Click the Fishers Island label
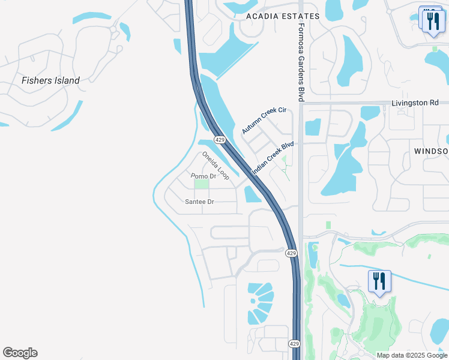(x=50, y=80)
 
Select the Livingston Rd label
(x=415, y=103)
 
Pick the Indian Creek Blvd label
(x=273, y=158)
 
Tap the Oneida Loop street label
(x=215, y=166)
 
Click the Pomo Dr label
(x=203, y=176)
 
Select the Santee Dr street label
(x=200, y=202)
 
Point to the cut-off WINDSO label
(x=431, y=151)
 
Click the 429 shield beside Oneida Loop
(x=220, y=139)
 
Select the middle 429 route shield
(x=291, y=253)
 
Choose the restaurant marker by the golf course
(x=379, y=281)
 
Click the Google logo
(x=20, y=353)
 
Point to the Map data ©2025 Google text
(x=411, y=355)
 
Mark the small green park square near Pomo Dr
(x=202, y=184)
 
